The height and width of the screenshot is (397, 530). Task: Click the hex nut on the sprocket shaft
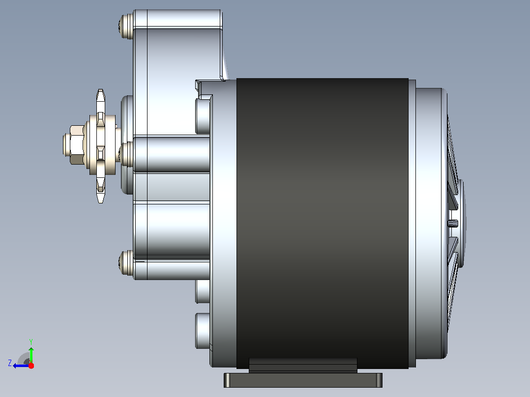pos(77,144)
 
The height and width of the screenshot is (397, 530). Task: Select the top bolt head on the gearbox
pos(125,27)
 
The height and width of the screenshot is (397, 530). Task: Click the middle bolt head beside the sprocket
pos(126,154)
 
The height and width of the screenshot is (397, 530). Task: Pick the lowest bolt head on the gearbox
pos(126,262)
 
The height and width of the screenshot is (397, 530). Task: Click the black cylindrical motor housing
pos(322,223)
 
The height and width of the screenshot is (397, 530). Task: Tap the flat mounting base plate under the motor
pos(303,380)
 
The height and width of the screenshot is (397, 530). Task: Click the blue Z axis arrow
pos(21,366)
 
